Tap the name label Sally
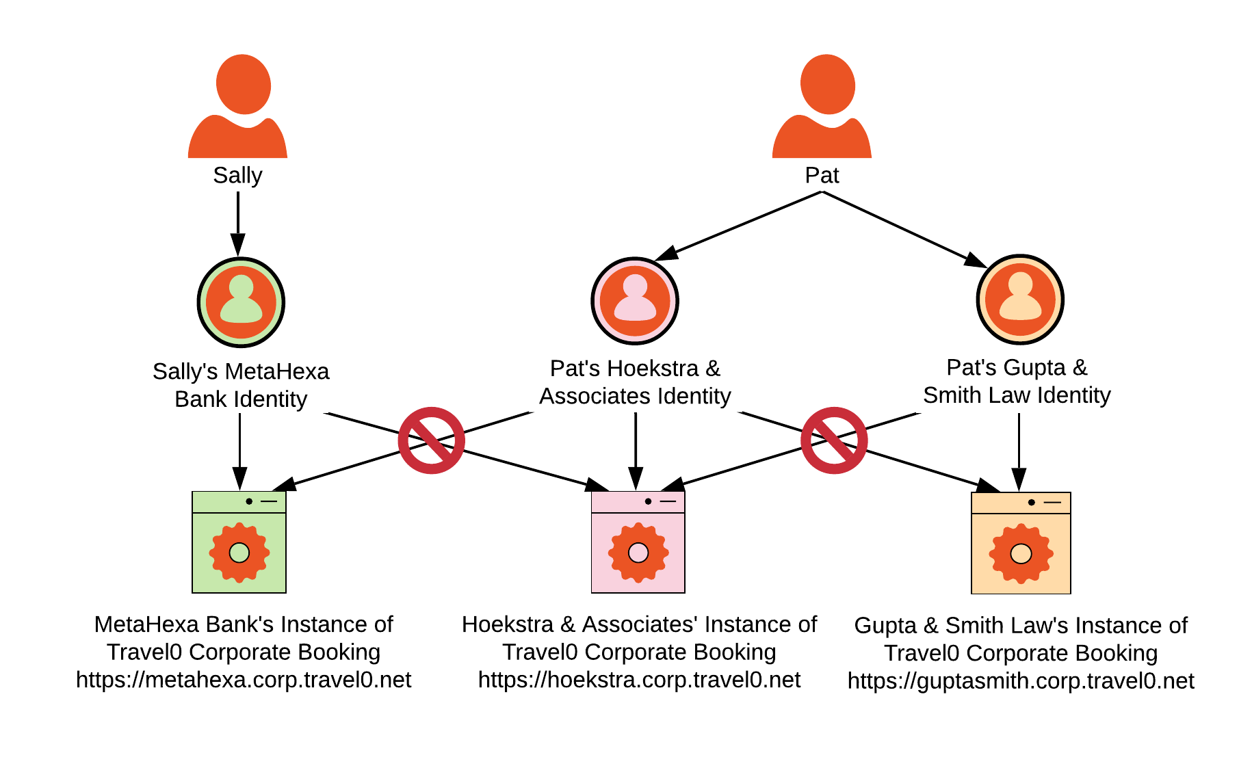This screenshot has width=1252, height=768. coord(237,176)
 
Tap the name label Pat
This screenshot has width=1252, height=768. coord(822,176)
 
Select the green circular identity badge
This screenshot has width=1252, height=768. coord(241,302)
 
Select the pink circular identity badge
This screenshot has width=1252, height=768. coord(635,301)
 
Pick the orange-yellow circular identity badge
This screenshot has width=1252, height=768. coord(1020,300)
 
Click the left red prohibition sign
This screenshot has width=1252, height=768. coord(431,440)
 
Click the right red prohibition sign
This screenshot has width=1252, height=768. coord(834,440)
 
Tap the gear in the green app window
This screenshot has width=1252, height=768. coord(239,552)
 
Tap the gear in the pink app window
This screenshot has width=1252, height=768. coord(638,552)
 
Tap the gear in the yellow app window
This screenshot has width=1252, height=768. coord(1021,553)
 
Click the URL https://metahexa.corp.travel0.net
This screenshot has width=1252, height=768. coord(244,680)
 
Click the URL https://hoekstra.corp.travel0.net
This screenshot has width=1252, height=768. coord(639,680)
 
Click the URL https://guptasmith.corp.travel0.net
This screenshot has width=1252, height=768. coord(1021,681)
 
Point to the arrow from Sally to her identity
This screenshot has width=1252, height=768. coord(237,222)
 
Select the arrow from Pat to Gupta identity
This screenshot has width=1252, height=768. coord(903,228)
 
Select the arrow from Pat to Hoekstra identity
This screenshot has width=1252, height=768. coord(739,226)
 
